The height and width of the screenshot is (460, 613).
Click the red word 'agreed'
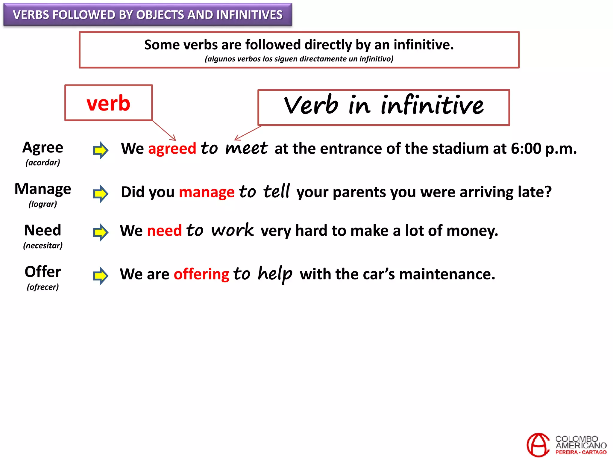tap(172, 149)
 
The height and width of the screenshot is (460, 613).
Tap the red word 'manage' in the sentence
tap(207, 192)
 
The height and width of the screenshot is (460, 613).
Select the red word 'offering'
tap(201, 274)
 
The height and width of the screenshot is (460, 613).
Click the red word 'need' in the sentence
tap(164, 231)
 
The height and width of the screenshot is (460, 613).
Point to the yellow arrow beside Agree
tap(101, 150)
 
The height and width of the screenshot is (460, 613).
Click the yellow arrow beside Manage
tap(101, 193)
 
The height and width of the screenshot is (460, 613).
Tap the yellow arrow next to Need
tap(101, 232)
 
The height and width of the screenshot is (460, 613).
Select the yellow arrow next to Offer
tap(101, 276)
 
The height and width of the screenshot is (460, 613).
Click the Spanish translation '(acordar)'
tap(43, 163)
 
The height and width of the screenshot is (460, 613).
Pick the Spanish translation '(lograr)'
tap(43, 204)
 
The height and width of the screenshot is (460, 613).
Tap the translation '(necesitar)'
tap(43, 246)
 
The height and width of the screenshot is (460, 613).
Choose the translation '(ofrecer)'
tap(43, 287)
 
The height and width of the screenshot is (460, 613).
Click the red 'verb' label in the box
tap(108, 103)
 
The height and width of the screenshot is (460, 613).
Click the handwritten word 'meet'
tap(246, 148)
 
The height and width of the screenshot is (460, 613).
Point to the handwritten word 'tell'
tap(277, 191)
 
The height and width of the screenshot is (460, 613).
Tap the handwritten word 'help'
tap(275, 274)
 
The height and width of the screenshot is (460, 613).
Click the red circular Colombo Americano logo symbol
tap(538, 445)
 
